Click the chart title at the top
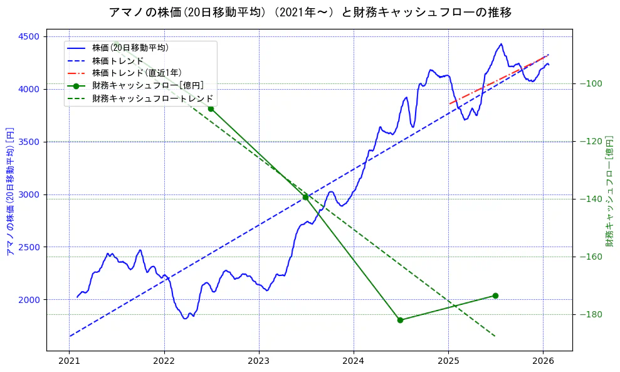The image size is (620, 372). click(x=310, y=13)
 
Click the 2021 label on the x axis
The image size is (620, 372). click(x=69, y=361)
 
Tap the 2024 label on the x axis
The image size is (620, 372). click(x=354, y=361)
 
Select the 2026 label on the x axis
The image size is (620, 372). click(x=543, y=361)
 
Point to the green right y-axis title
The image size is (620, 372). click(x=609, y=189)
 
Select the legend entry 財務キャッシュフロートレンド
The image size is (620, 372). click(x=152, y=98)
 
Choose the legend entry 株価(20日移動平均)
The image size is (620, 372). click(x=130, y=48)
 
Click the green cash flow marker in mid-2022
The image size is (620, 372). click(x=211, y=109)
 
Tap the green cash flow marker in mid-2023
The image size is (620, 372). click(x=305, y=197)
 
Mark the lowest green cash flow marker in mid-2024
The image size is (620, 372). click(x=400, y=320)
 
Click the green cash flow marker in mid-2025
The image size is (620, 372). click(x=495, y=295)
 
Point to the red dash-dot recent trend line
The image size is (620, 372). click(x=495, y=80)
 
